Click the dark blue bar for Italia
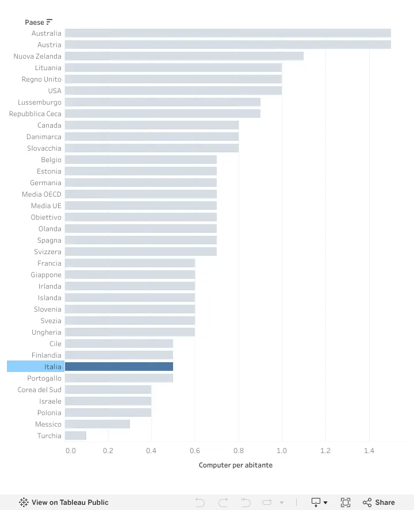click(119, 367)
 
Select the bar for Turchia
click(75, 435)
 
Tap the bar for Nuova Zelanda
click(184, 56)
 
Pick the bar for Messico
click(97, 424)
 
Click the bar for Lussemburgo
click(163, 102)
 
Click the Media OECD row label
click(41, 194)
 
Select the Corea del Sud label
click(39, 390)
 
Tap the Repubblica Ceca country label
click(35, 114)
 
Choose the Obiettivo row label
click(46, 217)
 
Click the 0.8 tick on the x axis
click(239, 450)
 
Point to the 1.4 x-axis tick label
click(369, 450)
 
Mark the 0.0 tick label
click(71, 450)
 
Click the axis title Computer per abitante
click(236, 465)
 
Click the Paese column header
click(34, 22)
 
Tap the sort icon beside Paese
click(49, 22)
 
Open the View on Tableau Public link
click(64, 502)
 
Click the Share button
click(378, 502)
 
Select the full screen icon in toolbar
click(346, 502)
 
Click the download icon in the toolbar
click(319, 502)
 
